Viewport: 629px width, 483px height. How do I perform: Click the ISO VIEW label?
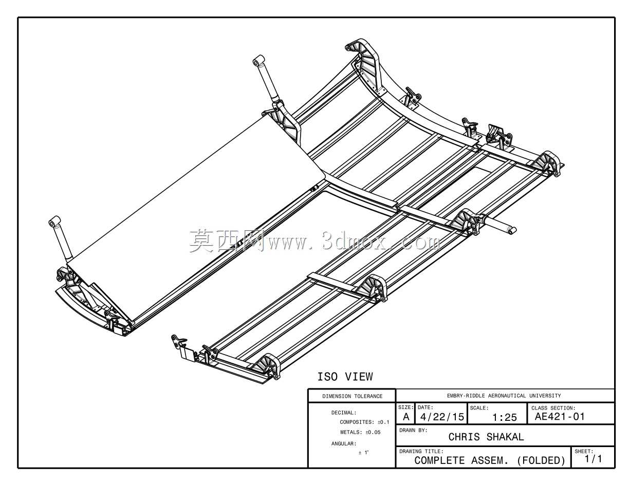(345, 377)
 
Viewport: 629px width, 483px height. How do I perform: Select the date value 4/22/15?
(442, 417)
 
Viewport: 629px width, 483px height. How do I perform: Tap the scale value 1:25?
(505, 417)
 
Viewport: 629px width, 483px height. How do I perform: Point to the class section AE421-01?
(560, 416)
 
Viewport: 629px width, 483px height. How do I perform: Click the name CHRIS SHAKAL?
(486, 437)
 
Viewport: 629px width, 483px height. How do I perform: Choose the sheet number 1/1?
(593, 458)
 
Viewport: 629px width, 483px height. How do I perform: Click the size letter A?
(406, 417)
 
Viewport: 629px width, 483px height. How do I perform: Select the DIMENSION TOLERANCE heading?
(353, 396)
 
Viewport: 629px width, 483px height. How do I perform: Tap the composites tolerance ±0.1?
(383, 422)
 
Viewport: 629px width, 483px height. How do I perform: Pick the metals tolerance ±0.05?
(373, 432)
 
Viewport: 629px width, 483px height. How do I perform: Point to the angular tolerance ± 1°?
(363, 453)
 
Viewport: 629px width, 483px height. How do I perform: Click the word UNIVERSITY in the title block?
(545, 396)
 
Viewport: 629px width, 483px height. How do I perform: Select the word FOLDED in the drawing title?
(541, 460)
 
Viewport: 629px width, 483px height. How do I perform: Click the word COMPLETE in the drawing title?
(439, 460)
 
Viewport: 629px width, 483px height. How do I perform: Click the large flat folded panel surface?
(197, 220)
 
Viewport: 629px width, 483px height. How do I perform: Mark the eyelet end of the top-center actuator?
(258, 61)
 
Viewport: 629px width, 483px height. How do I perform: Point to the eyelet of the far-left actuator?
(54, 222)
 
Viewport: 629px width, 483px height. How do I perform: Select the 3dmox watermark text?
(315, 241)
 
